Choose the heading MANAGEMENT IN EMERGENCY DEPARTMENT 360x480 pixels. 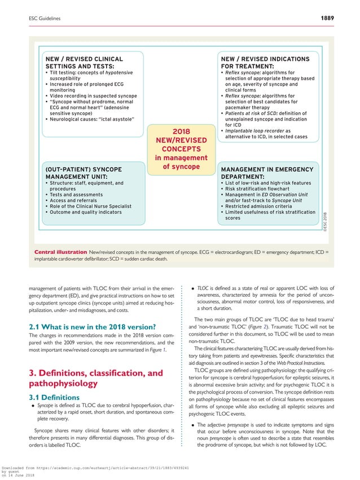click(x=266, y=173)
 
